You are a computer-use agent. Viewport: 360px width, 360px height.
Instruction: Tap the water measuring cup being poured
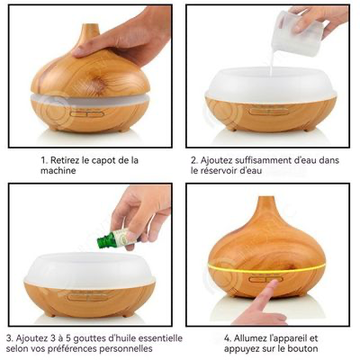[297, 33]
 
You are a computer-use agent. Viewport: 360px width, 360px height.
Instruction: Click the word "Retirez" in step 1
[65, 160]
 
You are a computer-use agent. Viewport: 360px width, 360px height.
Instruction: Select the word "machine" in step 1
[58, 171]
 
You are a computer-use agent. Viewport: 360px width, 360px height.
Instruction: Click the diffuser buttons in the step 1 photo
[87, 114]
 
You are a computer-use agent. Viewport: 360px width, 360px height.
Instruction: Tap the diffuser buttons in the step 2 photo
[268, 112]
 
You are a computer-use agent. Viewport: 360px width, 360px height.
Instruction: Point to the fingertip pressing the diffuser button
[274, 283]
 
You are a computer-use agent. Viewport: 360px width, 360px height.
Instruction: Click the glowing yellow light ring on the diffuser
[267, 269]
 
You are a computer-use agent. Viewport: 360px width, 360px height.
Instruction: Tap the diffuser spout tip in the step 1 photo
[90, 26]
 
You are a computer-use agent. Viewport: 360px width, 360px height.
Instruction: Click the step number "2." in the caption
[194, 160]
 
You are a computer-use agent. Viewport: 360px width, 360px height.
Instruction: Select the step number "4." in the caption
[228, 338]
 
